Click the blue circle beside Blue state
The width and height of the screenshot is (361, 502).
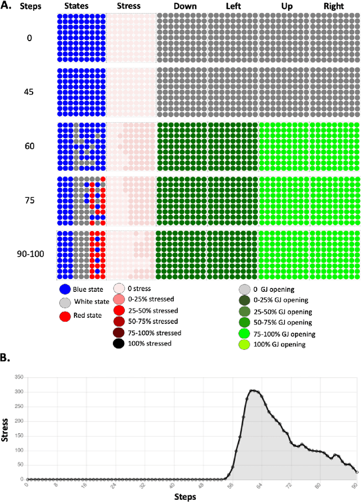[65, 290]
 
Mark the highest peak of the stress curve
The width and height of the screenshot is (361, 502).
[253, 390]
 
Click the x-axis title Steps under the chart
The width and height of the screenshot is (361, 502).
[185, 496]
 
